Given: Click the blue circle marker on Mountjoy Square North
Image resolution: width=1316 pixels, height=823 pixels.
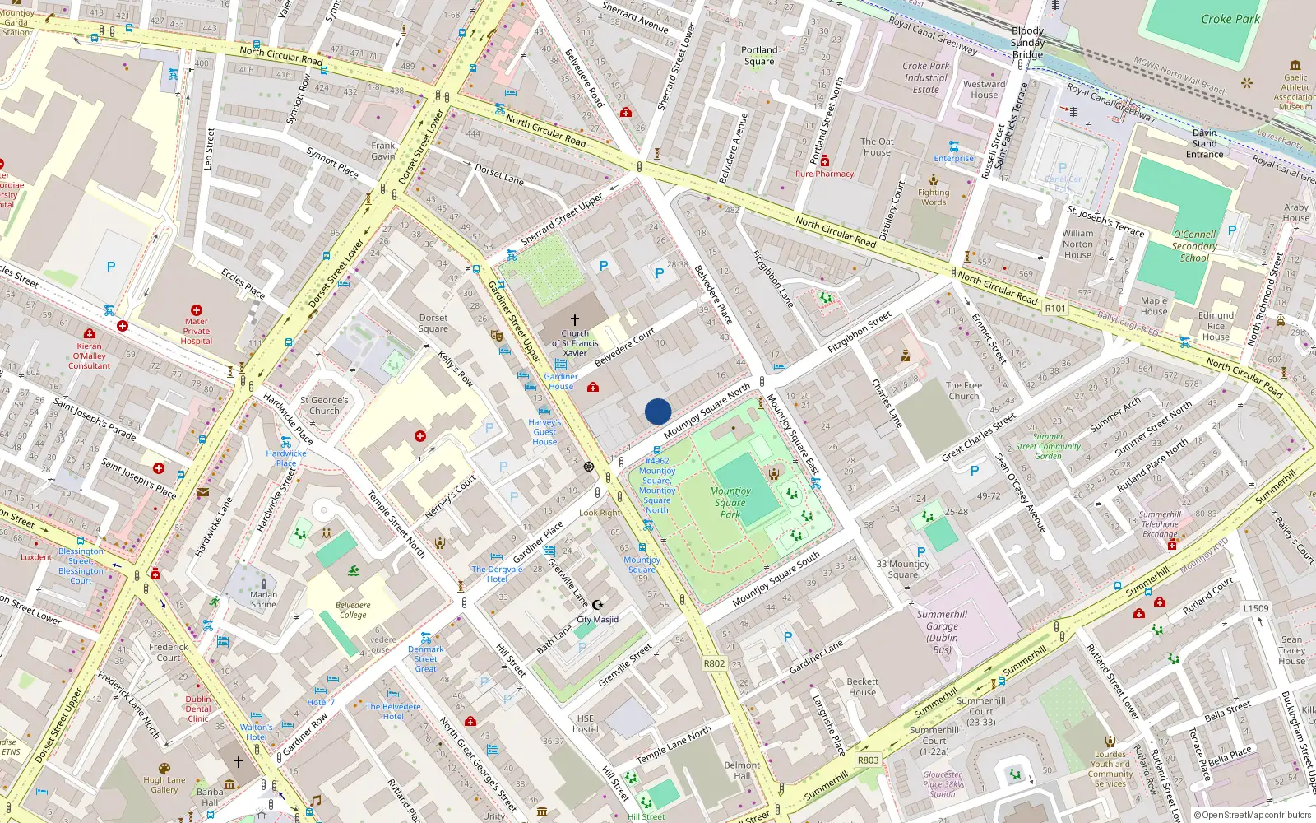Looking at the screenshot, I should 658,411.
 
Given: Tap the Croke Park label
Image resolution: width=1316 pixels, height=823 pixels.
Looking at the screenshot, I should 1230,19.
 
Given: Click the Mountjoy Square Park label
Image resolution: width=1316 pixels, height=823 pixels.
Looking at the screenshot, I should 730,502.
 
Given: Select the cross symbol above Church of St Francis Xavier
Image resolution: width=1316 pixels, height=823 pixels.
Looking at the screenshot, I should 575,319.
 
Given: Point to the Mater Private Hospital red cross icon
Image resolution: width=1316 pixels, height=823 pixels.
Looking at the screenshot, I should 197,310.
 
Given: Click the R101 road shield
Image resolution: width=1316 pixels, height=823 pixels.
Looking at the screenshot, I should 1055,309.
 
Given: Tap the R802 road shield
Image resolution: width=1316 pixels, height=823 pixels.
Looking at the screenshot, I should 714,663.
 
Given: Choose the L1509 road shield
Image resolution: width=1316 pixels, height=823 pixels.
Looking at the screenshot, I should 1256,608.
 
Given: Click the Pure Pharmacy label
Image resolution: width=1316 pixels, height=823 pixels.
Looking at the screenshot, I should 824,174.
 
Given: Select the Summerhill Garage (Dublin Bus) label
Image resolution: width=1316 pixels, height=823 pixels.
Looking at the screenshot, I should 942,632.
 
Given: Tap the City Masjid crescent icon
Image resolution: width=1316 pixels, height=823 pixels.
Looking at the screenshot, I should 598,605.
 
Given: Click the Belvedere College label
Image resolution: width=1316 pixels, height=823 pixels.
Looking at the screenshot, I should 353,610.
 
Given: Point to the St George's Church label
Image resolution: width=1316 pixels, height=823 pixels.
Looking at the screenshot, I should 324,405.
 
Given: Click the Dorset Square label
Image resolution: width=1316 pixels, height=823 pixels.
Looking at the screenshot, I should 433,323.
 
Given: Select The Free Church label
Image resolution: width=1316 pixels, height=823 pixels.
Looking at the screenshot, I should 964,390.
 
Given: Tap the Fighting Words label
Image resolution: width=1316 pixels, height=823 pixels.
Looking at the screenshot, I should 934,197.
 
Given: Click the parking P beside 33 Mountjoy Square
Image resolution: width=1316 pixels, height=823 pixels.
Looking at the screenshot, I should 921,552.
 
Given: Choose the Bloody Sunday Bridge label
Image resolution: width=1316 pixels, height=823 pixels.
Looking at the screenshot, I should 1027,43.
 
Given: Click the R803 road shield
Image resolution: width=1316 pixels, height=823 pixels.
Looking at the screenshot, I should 869,760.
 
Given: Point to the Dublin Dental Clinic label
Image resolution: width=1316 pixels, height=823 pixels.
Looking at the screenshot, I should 198,709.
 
